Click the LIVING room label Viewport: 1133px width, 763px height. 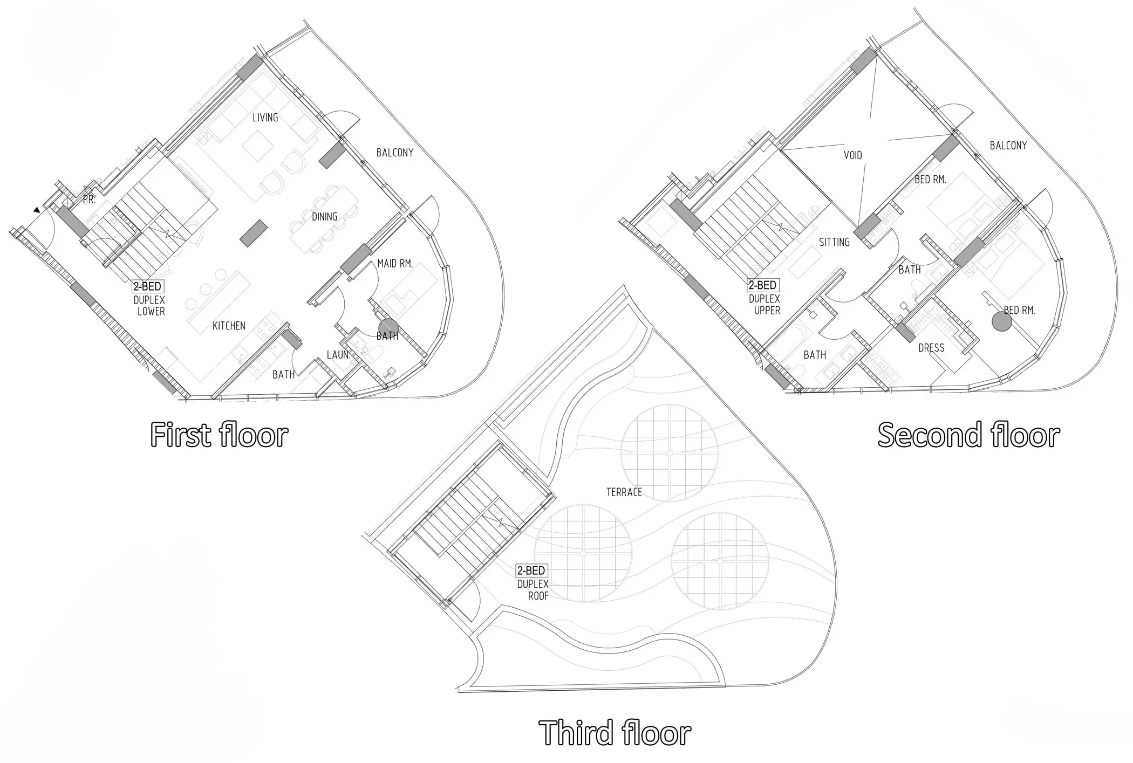265,118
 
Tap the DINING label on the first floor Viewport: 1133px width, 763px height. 325,217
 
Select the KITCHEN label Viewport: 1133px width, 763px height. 229,326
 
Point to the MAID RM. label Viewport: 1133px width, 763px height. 395,264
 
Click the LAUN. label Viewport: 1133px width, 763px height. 339,355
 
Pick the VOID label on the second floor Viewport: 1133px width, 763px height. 853,155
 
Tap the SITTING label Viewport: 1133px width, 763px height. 834,242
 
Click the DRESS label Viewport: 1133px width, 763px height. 931,348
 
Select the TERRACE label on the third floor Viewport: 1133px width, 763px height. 624,492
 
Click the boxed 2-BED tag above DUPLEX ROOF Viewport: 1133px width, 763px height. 531,570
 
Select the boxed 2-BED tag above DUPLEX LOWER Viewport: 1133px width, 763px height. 148,287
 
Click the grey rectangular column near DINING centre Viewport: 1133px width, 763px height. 254,233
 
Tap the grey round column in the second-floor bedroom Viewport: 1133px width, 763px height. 1001,321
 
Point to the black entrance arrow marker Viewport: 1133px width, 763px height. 36,210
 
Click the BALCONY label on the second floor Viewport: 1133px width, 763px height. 1008,145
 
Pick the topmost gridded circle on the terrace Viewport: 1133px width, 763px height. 670,453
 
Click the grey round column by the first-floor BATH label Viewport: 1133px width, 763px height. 388,327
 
